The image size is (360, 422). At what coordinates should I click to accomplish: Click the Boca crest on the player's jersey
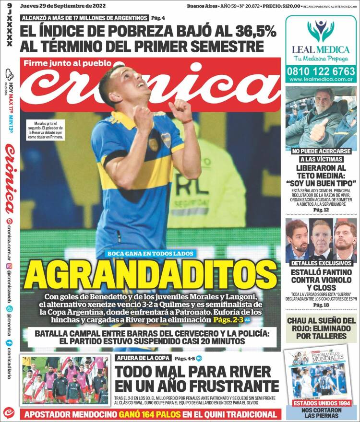[x=166, y=140]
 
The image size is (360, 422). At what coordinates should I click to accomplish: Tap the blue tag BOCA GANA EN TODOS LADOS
[x=151, y=254]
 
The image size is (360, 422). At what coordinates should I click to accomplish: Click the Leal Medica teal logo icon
[x=321, y=31]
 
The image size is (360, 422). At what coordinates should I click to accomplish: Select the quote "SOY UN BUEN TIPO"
[x=320, y=183]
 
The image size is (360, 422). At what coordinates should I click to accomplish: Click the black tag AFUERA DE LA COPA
[x=143, y=358]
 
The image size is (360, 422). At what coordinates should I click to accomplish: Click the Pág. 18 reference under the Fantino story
[x=320, y=305]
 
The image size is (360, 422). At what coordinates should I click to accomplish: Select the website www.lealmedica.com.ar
[x=320, y=79]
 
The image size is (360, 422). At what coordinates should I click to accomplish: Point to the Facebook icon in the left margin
[x=9, y=343]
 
